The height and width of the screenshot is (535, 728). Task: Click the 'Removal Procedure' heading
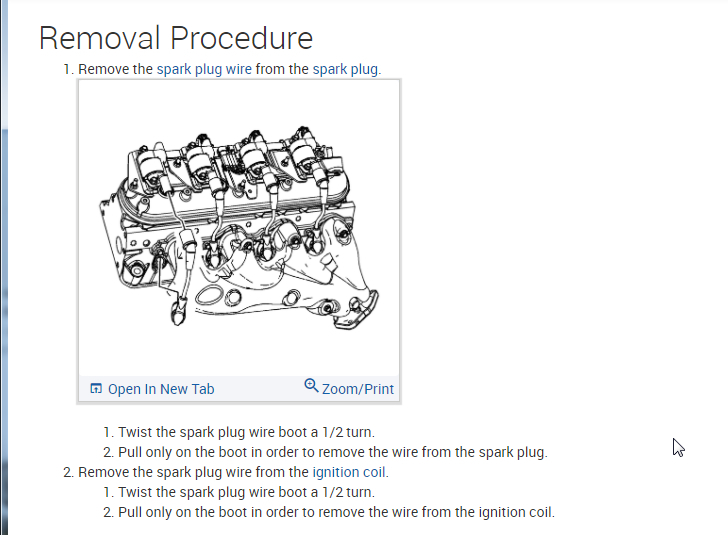point(176,38)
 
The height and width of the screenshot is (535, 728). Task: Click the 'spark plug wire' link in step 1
point(204,69)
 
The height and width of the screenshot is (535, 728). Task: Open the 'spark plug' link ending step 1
point(345,69)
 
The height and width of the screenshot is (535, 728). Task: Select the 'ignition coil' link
point(349,472)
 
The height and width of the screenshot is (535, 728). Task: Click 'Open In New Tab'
point(161,389)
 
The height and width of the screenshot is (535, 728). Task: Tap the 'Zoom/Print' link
point(358,389)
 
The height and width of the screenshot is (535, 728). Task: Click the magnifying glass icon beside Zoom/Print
point(311,385)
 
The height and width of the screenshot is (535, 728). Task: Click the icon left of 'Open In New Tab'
point(96,388)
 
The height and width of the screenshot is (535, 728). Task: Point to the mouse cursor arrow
point(678,447)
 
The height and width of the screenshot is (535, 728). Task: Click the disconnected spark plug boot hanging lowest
point(178,313)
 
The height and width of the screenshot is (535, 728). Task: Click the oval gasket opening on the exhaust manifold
point(209,295)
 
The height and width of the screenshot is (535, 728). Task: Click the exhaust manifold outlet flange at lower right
point(359,310)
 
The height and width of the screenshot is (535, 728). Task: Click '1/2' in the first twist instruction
point(332,432)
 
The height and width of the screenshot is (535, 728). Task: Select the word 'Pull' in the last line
point(130,512)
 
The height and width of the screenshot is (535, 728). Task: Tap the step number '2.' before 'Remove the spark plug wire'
point(69,472)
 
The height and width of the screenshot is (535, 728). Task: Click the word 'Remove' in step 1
point(103,69)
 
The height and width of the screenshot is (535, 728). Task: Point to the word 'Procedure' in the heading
point(241,38)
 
